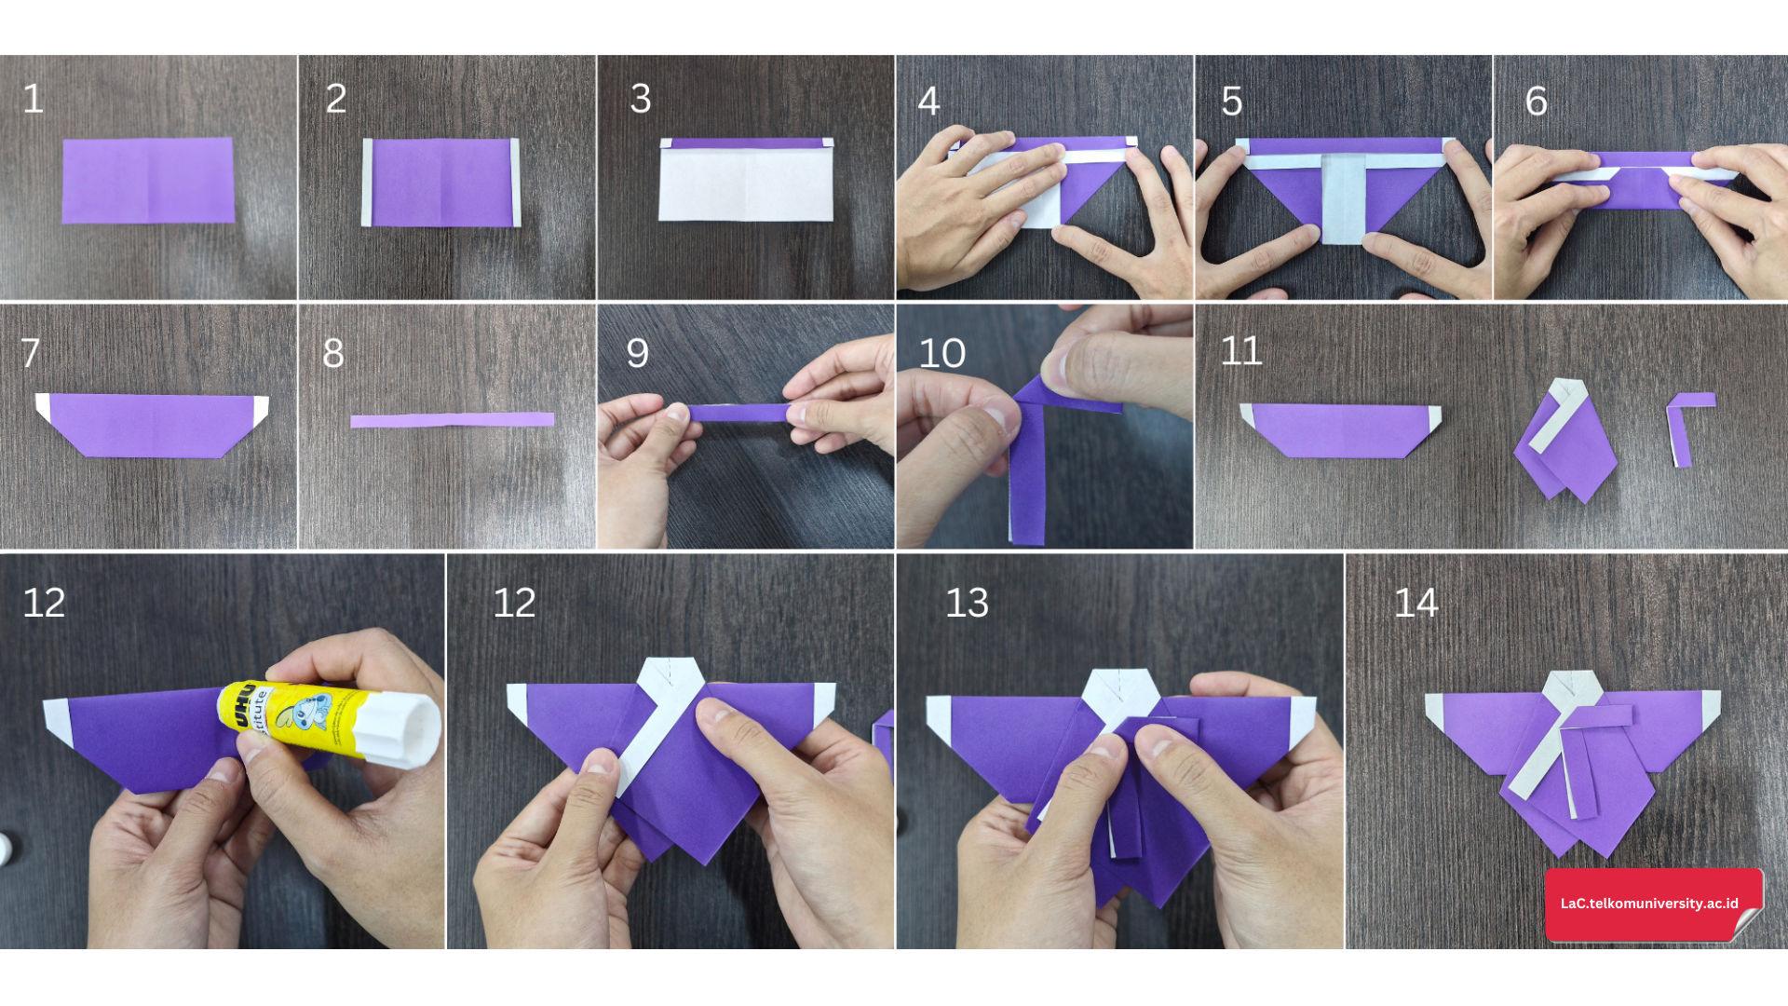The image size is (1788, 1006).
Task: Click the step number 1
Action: [x=34, y=99]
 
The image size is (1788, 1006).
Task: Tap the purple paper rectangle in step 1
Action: [x=148, y=181]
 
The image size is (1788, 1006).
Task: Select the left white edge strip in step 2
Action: [x=367, y=183]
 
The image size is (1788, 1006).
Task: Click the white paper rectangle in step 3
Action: [x=746, y=184]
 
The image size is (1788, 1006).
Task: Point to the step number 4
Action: [x=928, y=102]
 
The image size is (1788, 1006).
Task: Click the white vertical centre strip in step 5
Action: [x=1343, y=198]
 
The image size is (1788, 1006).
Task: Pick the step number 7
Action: [x=31, y=353]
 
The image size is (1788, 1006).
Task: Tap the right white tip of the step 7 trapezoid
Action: [x=261, y=409]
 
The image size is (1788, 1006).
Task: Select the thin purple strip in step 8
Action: [x=453, y=420]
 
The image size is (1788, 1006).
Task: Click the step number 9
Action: [x=638, y=353]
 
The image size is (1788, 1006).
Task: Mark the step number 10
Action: [x=942, y=354]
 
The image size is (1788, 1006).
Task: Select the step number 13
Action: [x=967, y=604]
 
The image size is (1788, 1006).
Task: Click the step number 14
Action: [x=1416, y=604]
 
